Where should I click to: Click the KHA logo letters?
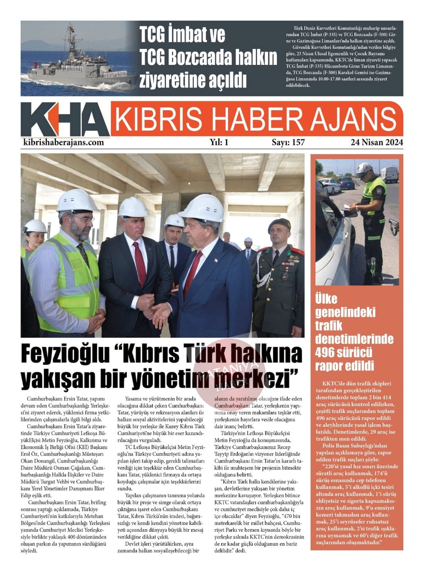point(65,120)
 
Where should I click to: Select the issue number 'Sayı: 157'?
point(288,142)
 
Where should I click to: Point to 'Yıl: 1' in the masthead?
point(219,142)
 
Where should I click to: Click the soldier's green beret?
point(280,224)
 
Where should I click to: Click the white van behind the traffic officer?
point(389,175)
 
